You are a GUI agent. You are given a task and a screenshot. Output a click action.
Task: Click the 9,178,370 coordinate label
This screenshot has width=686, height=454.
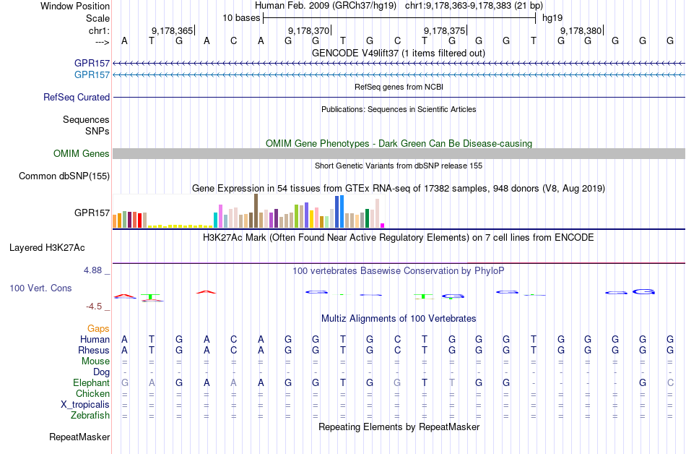coord(308,31)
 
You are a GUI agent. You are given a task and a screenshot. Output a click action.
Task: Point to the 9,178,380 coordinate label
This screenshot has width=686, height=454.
coord(581,31)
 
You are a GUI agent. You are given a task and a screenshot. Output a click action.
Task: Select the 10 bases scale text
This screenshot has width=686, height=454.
coord(241,17)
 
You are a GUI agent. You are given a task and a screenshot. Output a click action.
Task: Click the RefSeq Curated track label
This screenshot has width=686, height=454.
coord(77,98)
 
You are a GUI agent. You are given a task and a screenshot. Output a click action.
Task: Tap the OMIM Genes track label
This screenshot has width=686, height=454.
coord(82,154)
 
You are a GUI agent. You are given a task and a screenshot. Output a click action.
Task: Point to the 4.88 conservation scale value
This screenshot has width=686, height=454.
coord(93,270)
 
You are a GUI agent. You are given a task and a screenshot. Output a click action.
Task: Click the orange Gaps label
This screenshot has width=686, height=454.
coord(98,329)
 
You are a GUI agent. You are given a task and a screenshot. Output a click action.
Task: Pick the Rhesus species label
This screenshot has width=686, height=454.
coord(93,351)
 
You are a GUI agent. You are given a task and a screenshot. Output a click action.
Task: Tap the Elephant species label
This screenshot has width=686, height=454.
coord(91,383)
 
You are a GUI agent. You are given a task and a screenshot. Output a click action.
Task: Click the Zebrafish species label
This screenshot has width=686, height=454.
coord(90,416)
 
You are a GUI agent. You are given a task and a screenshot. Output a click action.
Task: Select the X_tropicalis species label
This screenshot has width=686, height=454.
coord(85,405)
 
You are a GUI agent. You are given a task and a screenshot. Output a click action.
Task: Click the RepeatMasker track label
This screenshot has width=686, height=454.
coord(79,437)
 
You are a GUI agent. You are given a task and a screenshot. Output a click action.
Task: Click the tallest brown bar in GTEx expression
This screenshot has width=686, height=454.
coord(256,211)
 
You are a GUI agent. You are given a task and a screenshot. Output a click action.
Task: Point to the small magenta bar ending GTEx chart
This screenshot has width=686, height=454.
coord(383,225)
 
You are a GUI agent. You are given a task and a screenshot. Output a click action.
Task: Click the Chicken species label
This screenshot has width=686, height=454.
coord(92,394)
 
